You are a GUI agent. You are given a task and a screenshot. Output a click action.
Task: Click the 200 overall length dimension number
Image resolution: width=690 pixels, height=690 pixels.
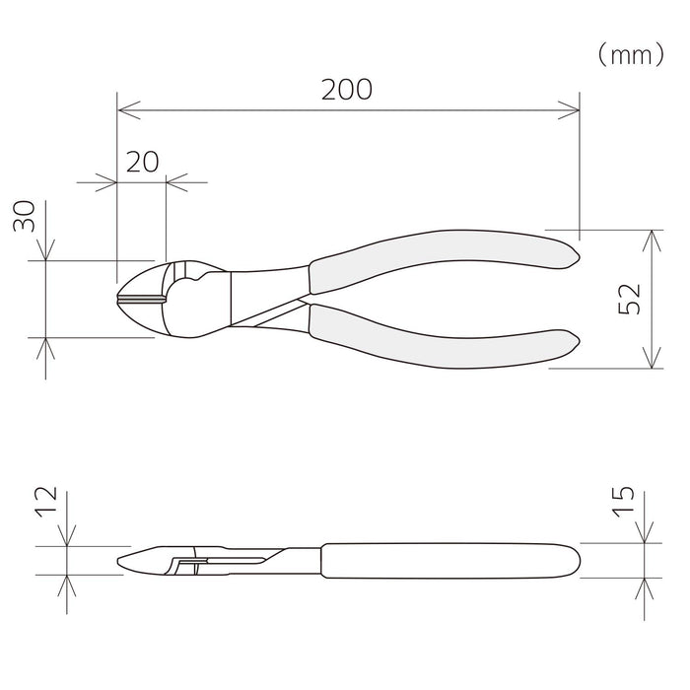click(347, 90)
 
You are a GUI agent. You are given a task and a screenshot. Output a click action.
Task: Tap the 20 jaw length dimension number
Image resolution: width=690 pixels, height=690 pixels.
click(142, 163)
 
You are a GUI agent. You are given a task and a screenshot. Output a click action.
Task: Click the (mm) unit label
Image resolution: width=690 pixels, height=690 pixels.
click(632, 55)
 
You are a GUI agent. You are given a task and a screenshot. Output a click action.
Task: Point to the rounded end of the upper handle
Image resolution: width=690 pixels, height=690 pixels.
click(570, 255)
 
